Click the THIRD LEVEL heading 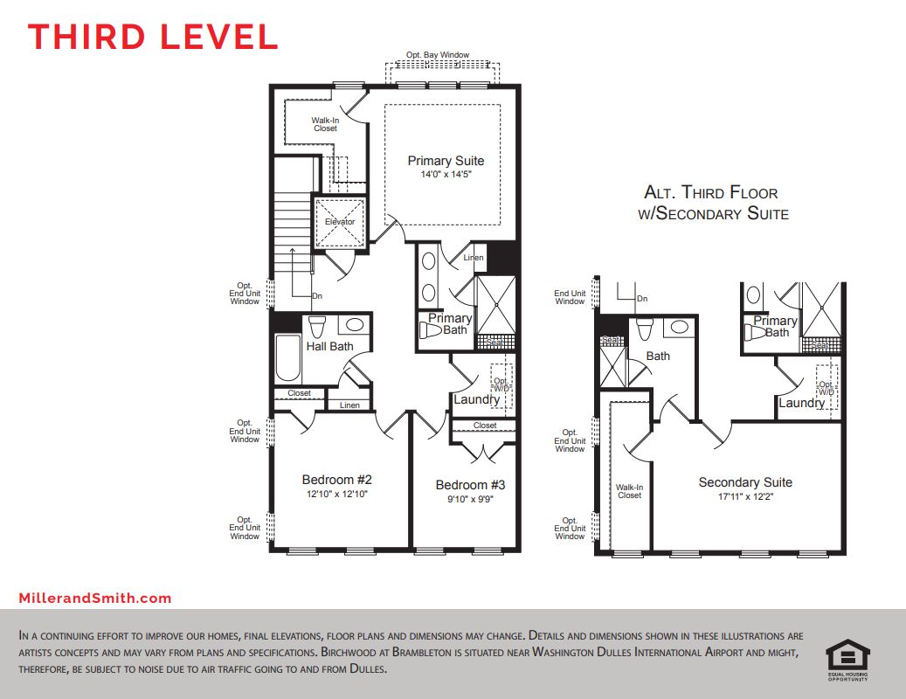coord(153,37)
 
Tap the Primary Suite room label coord(446,161)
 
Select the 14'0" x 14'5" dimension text coord(446,174)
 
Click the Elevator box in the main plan coord(340,221)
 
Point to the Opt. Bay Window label coord(445,55)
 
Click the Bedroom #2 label coord(337,480)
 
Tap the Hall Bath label coord(329,346)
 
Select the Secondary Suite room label coord(745,482)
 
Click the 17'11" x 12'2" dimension coord(745,496)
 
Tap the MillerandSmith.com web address coord(95,599)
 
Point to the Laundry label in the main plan coord(476,399)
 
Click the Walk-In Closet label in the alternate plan coord(629,492)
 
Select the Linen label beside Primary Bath coord(474,258)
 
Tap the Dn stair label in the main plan coord(316,296)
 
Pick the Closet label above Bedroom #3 coord(485,426)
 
